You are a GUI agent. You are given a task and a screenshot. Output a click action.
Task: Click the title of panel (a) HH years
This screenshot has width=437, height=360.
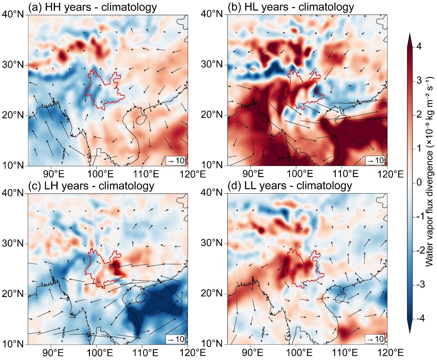coord(93,7)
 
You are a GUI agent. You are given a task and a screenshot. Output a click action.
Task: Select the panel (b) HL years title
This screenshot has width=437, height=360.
coord(291,7)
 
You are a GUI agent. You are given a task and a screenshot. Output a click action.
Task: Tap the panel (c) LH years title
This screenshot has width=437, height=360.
coord(91,186)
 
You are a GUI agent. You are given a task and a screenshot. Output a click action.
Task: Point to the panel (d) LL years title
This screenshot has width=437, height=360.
coord(290,186)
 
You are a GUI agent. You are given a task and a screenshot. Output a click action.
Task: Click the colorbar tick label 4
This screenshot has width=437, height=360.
coord(420,46)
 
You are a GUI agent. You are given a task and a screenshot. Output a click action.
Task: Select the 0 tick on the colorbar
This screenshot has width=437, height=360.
coord(420,183)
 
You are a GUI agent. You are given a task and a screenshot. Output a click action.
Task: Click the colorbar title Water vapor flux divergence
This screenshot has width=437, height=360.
coord(429,171)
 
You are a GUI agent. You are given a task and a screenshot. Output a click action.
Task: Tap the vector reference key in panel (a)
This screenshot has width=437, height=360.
coord(176,161)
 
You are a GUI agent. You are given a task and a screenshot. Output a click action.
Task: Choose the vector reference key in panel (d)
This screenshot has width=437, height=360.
coord(375,339)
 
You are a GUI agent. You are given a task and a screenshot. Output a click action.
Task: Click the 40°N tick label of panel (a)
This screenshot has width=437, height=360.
coord(13,14)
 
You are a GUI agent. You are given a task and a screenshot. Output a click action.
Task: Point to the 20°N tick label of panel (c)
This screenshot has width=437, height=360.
coord(13,294)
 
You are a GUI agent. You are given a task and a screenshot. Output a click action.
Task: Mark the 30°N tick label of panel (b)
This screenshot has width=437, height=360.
coord(213,64)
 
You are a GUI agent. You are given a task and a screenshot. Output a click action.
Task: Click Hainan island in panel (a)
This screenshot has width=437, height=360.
coord(139,120)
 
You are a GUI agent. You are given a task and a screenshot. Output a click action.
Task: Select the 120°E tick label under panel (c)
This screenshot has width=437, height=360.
coord(193,353)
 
